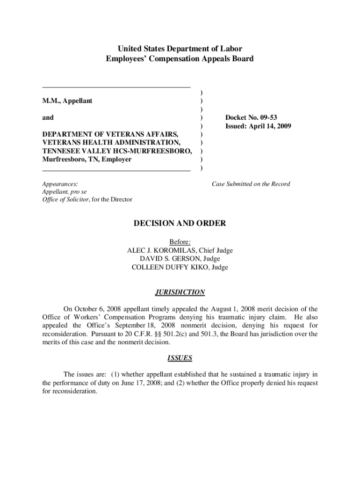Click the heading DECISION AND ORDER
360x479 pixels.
click(x=180, y=224)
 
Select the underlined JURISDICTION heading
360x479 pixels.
click(x=180, y=292)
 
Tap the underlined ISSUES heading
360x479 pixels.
click(x=180, y=358)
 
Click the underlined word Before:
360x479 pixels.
click(x=180, y=242)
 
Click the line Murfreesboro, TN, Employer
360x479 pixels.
click(x=87, y=159)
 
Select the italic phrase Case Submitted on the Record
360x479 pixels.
click(x=251, y=184)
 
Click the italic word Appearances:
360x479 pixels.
click(x=60, y=184)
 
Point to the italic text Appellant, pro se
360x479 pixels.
click(x=64, y=192)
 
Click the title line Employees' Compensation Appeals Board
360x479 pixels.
click(x=180, y=59)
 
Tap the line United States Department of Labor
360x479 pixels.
click(x=180, y=49)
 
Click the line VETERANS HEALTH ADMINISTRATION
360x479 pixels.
click(x=110, y=142)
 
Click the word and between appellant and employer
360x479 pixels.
click(x=48, y=118)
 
